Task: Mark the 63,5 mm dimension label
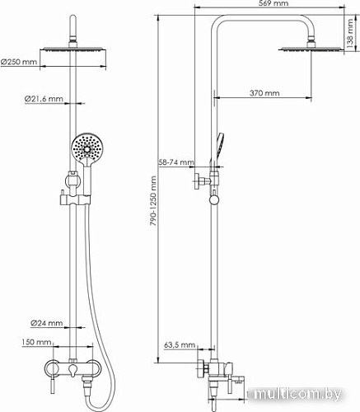pyautogui.click(x=178, y=345)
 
